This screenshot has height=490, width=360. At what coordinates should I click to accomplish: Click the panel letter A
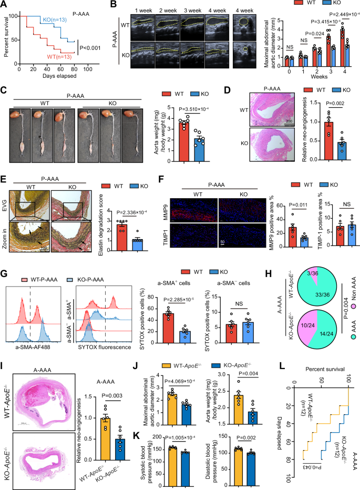click(x=4, y=6)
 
